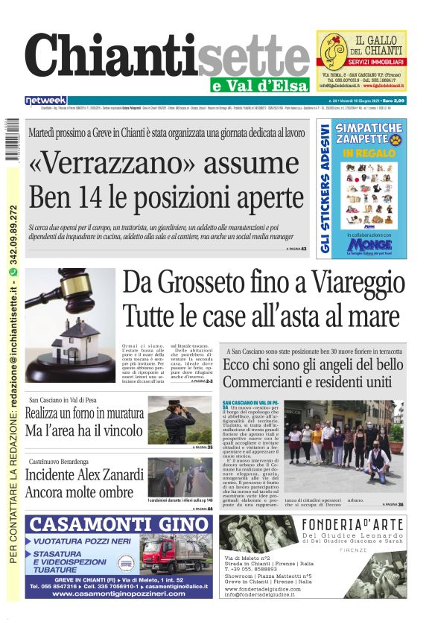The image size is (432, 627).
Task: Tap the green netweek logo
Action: pyautogui.click(x=45, y=101)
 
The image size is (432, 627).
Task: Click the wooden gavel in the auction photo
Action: pyautogui.click(x=63, y=296)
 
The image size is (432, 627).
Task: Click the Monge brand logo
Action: pyautogui.click(x=369, y=243)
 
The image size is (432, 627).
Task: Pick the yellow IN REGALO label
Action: pyautogui.click(x=369, y=153)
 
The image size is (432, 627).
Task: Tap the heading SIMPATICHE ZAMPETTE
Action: pyautogui.click(x=369, y=133)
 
